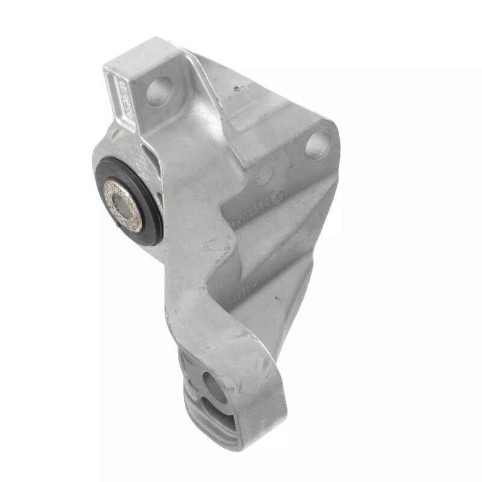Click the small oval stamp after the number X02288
click(278, 195)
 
